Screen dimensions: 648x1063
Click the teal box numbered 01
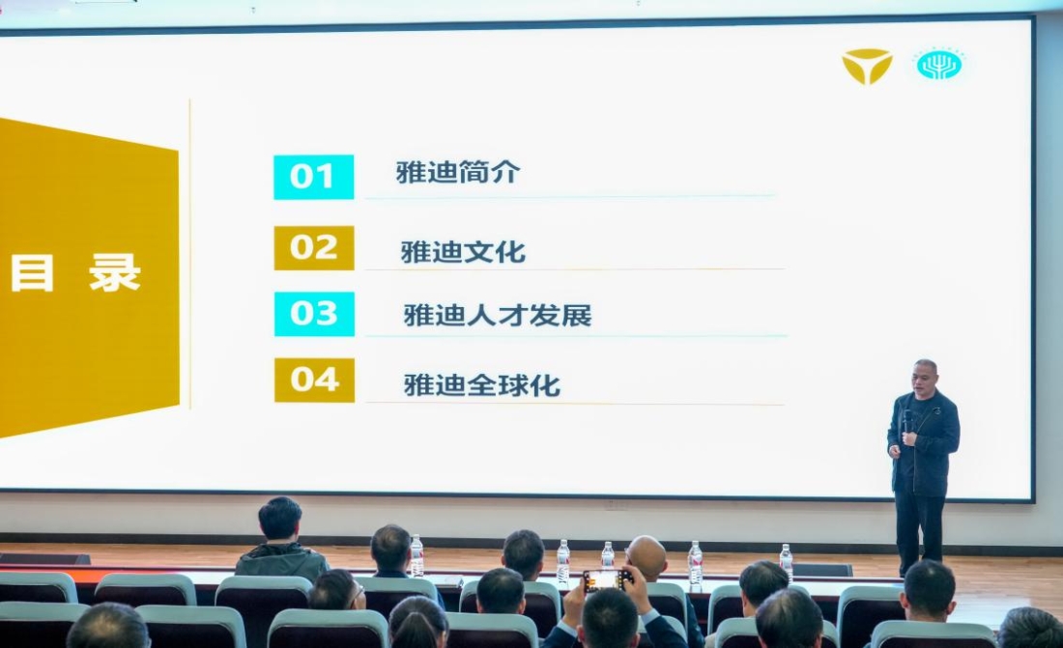313,177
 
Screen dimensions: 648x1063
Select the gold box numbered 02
314,248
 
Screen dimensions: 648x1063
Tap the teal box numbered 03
314,314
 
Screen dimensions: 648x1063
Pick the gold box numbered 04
314,380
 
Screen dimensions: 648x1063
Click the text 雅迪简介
458,173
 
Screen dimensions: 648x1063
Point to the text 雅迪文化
463,252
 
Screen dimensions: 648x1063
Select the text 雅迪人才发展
497,316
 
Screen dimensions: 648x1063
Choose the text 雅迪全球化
481,384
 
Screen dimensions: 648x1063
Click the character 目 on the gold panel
32,273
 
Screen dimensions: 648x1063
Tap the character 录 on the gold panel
115,273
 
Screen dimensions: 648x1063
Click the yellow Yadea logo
867,66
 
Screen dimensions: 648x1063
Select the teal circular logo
938,65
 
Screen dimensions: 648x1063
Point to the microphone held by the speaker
907,421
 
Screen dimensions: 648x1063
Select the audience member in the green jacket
280,546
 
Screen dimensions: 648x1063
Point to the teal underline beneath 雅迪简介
570,197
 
